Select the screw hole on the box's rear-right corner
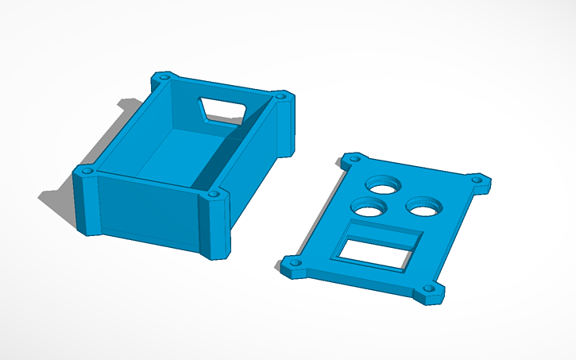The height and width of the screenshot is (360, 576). [280, 97]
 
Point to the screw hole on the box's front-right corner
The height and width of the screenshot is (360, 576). [214, 192]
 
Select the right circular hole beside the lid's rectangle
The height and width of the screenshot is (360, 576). [422, 206]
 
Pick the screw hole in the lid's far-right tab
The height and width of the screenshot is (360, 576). [477, 181]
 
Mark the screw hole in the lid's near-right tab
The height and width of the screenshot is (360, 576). [431, 291]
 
